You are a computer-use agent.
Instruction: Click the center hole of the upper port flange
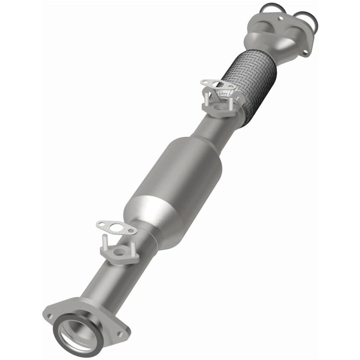point(217,107)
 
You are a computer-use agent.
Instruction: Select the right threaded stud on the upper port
point(231,103)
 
